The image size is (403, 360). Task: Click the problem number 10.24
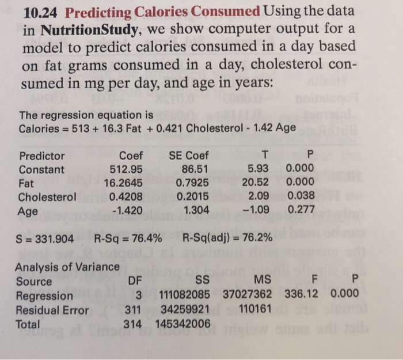click(40, 12)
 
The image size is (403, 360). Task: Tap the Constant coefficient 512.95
click(126, 169)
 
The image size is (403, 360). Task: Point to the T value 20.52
click(262, 183)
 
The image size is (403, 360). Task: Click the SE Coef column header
click(189, 156)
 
